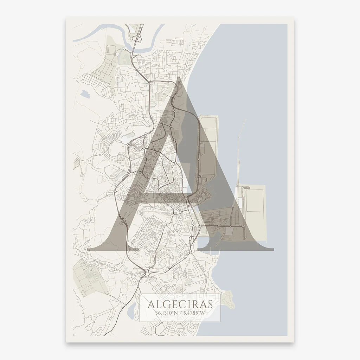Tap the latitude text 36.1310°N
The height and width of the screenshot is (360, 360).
[x=165, y=313]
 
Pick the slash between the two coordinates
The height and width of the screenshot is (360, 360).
[x=180, y=313]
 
